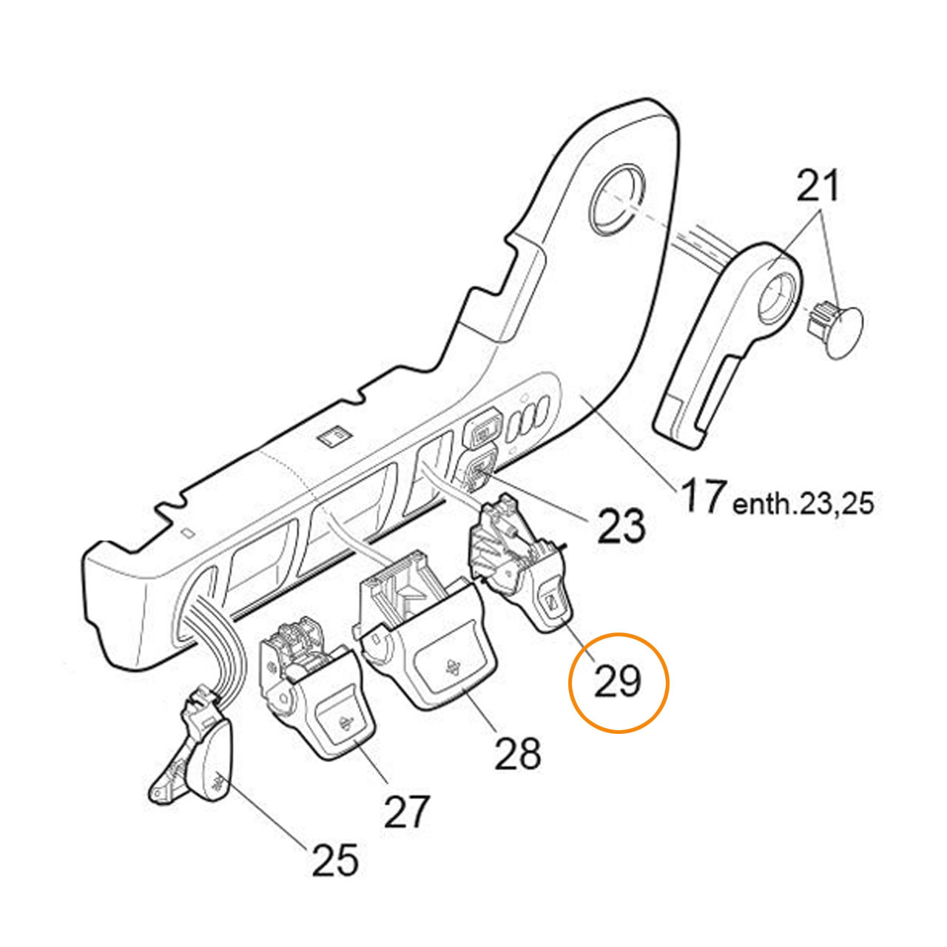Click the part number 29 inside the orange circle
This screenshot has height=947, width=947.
618,681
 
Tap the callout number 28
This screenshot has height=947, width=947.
518,754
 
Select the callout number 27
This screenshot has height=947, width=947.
406,812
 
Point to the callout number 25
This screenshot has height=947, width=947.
335,860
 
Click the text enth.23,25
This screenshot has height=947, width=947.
803,505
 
